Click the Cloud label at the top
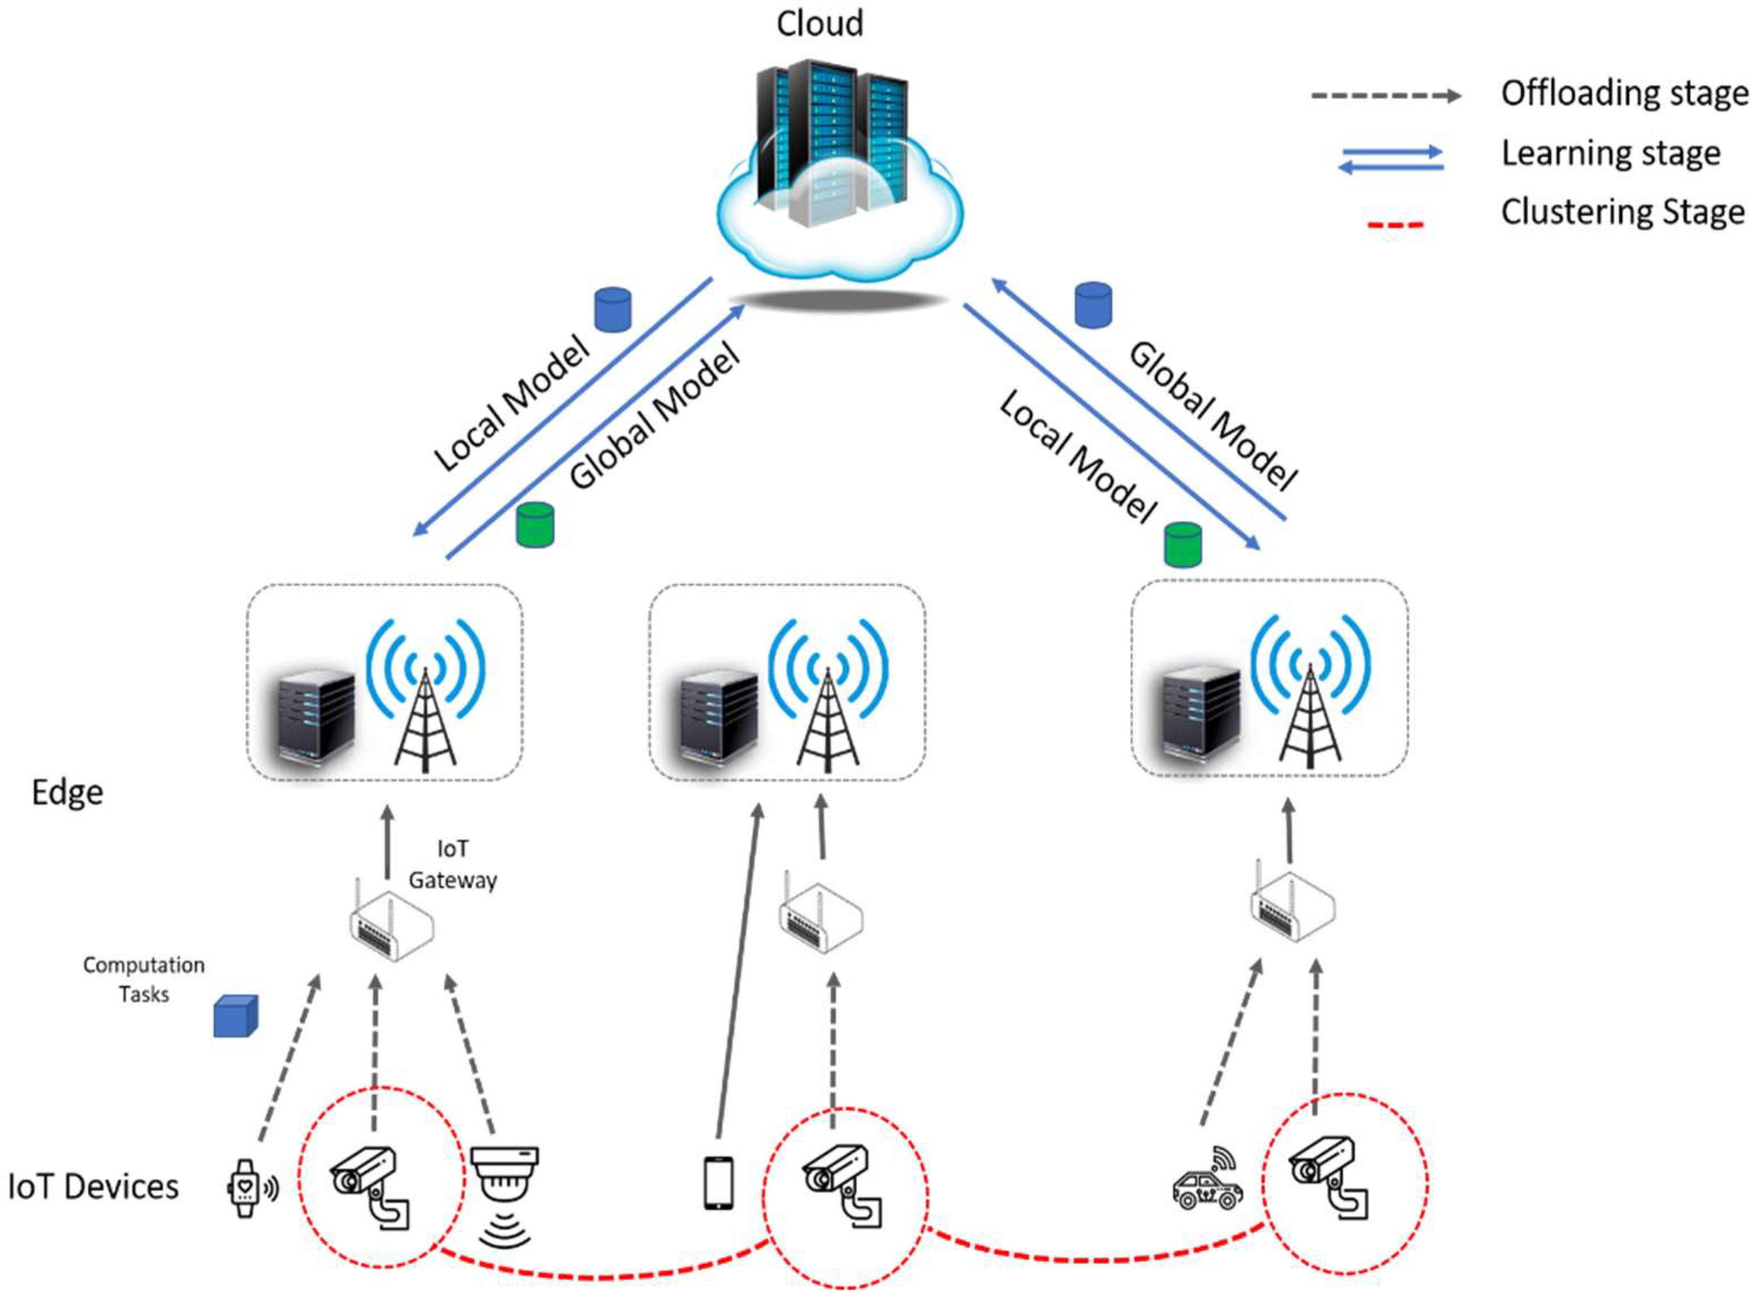tap(819, 24)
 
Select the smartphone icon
tap(718, 1182)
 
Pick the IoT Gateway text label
tap(452, 864)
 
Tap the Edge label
tap(67, 792)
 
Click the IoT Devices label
tap(93, 1186)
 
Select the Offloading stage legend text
tap(1624, 93)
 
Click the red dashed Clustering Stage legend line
tap(1395, 225)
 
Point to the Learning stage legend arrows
tap(1390, 159)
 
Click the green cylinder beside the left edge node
tap(535, 524)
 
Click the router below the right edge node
tap(1292, 908)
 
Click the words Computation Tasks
tap(143, 980)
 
